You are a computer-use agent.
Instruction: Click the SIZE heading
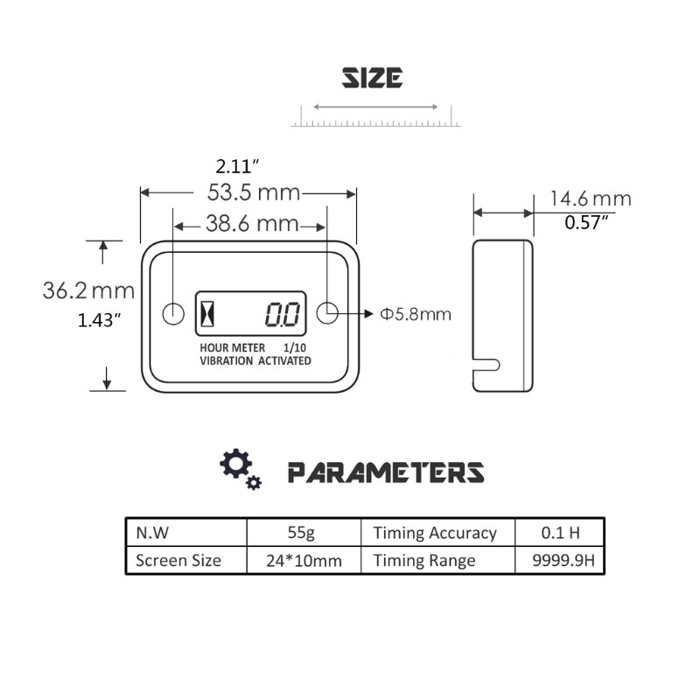(372, 78)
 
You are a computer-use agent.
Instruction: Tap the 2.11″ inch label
(237, 164)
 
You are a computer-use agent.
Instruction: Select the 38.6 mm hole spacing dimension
(252, 224)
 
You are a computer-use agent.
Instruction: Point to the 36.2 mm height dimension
(88, 290)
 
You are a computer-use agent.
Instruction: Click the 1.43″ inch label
(98, 319)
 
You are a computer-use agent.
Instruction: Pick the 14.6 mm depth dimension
(590, 199)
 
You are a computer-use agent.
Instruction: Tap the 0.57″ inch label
(586, 222)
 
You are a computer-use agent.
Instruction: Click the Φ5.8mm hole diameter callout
(416, 314)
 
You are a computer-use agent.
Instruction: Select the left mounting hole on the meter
(173, 313)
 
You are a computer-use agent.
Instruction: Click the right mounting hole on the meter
(327, 313)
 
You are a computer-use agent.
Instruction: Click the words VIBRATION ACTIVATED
(255, 360)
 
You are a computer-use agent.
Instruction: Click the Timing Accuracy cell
(435, 532)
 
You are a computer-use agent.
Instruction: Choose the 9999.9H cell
(557, 561)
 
